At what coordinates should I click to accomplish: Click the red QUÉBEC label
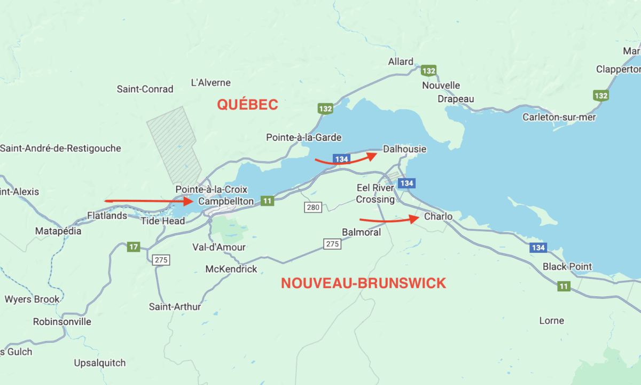247,104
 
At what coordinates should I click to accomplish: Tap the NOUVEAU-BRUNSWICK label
363,283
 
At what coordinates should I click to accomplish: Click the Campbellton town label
226,202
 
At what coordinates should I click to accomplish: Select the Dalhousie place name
405,149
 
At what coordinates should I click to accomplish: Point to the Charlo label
438,217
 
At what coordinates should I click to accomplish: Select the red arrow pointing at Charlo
388,219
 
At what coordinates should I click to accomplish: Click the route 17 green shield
134,247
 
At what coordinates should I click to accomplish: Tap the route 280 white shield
312,206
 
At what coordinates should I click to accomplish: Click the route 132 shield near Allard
428,71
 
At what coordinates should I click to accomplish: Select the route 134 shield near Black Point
538,248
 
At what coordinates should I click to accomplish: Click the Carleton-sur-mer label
559,117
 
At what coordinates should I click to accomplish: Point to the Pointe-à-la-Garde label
303,137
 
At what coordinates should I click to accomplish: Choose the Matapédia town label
58,231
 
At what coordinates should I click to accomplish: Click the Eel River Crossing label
376,194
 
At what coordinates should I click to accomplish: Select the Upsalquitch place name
100,363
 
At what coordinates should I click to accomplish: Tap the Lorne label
551,320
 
